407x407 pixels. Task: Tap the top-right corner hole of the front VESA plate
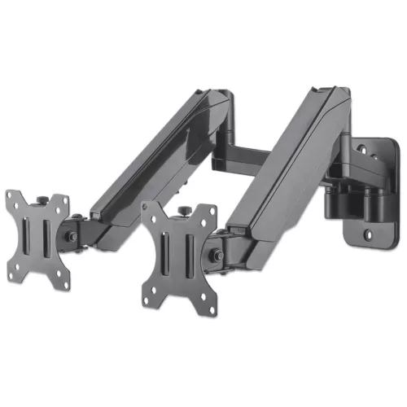click(209, 210)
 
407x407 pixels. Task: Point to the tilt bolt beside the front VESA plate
click(218, 254)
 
